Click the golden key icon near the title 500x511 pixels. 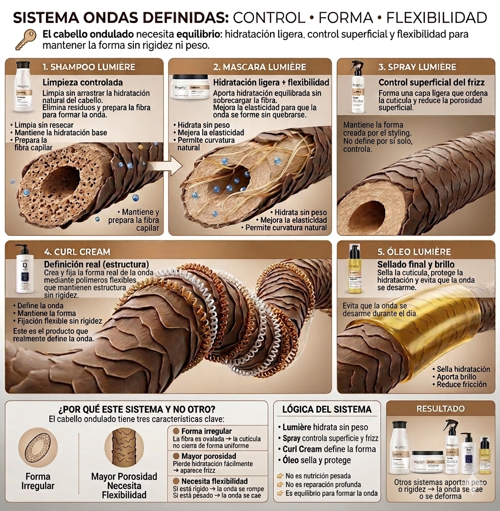(25, 40)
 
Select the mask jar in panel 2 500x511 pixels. (190, 87)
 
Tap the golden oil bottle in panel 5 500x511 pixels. (355, 269)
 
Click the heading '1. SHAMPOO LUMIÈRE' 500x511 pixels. (89, 67)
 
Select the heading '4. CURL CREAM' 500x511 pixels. (77, 252)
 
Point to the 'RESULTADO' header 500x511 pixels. (440, 408)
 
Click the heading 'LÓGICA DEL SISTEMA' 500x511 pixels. (327, 409)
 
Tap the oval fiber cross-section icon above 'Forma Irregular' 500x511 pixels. (38, 447)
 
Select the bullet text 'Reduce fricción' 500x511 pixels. (461, 384)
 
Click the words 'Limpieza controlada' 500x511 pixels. (83, 82)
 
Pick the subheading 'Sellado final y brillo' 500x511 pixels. (415, 264)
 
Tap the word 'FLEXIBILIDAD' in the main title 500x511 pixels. (437, 18)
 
